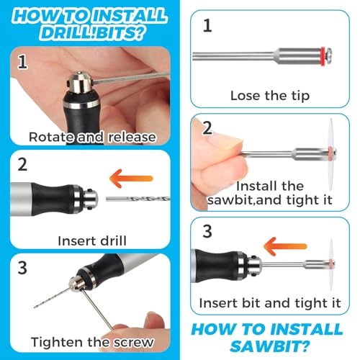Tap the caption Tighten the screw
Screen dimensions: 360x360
pos(92,341)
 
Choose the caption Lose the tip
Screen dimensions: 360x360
pos(270,95)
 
